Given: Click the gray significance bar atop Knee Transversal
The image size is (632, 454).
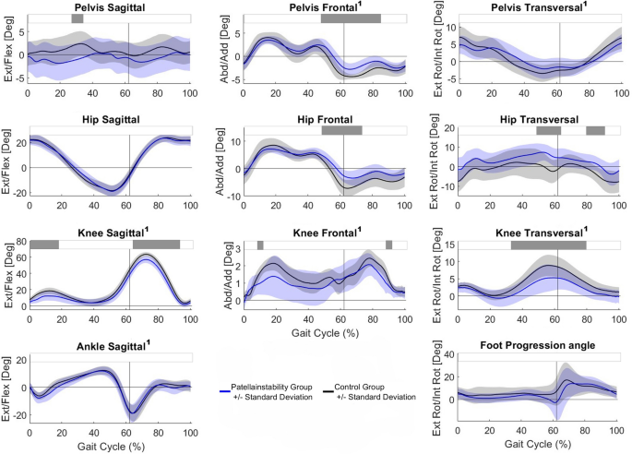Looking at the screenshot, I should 549,245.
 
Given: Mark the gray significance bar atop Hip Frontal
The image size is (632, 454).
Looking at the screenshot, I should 341,131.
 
